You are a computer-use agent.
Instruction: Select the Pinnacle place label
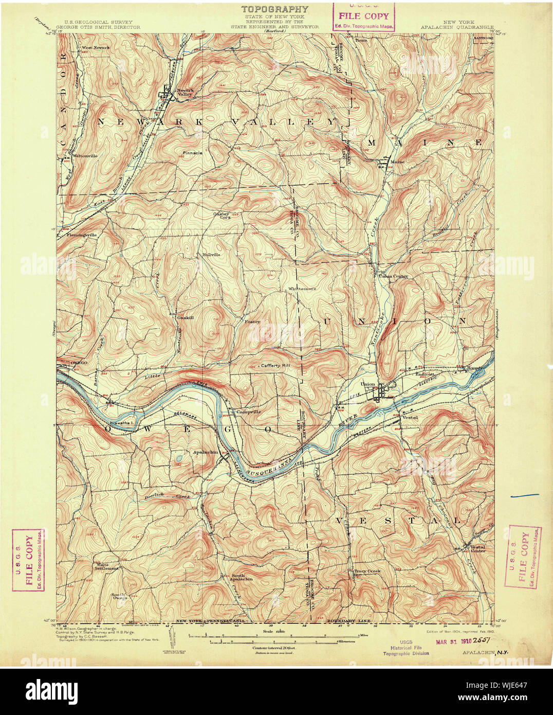tap(192, 153)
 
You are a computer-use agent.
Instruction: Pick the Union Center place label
tap(393, 276)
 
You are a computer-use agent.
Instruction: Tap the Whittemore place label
tap(302, 289)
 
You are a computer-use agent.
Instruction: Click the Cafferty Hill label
tap(275, 365)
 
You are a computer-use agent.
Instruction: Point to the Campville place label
tap(249, 412)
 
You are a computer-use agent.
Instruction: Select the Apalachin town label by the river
tap(205, 452)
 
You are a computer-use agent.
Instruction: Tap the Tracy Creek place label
tap(366, 570)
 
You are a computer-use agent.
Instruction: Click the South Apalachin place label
tap(242, 577)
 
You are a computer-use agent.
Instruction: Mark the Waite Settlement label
tap(106, 566)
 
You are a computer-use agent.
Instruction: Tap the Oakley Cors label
tap(223, 216)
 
